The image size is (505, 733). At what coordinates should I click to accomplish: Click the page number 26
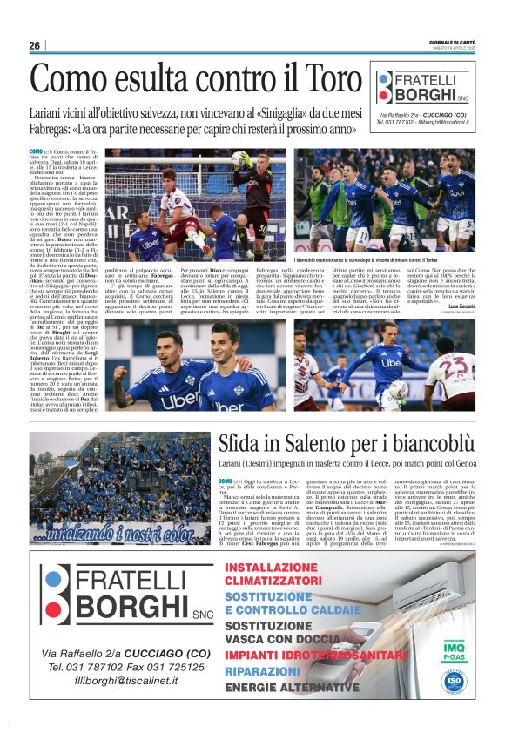pos(35,45)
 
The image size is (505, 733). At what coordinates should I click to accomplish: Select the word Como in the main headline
pos(71,80)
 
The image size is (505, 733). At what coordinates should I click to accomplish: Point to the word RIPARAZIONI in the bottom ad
pos(263,672)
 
